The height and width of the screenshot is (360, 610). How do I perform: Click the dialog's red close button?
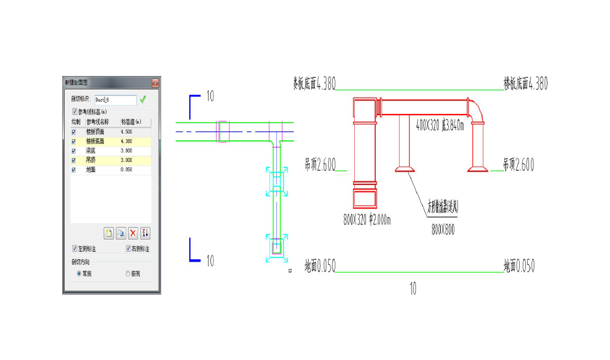coord(155,82)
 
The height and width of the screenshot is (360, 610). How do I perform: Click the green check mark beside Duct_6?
coord(143,99)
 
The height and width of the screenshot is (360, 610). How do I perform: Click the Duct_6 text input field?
coord(115,99)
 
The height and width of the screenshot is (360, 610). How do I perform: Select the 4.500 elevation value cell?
coord(126,132)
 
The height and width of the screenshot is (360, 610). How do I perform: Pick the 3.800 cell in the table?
coord(126,151)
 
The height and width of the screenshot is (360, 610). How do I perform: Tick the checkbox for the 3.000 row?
coord(74,160)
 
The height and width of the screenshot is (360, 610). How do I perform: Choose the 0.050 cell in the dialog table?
coord(126,169)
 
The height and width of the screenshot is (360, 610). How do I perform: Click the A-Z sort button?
coord(145,233)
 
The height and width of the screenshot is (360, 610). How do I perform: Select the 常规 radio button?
coord(79,273)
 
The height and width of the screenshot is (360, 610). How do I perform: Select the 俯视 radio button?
coord(128,273)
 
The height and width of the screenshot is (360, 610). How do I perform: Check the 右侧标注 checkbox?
coord(129,249)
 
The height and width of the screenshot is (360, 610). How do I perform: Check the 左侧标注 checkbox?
coord(75,249)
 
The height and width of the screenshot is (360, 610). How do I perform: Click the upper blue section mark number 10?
coord(210,96)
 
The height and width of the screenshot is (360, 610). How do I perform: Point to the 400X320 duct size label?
coord(439,125)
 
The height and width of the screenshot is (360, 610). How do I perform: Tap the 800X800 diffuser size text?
coord(443,230)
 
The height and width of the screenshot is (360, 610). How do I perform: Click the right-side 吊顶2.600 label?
coord(519,165)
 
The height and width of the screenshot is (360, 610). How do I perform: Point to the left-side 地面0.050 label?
coord(320,267)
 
